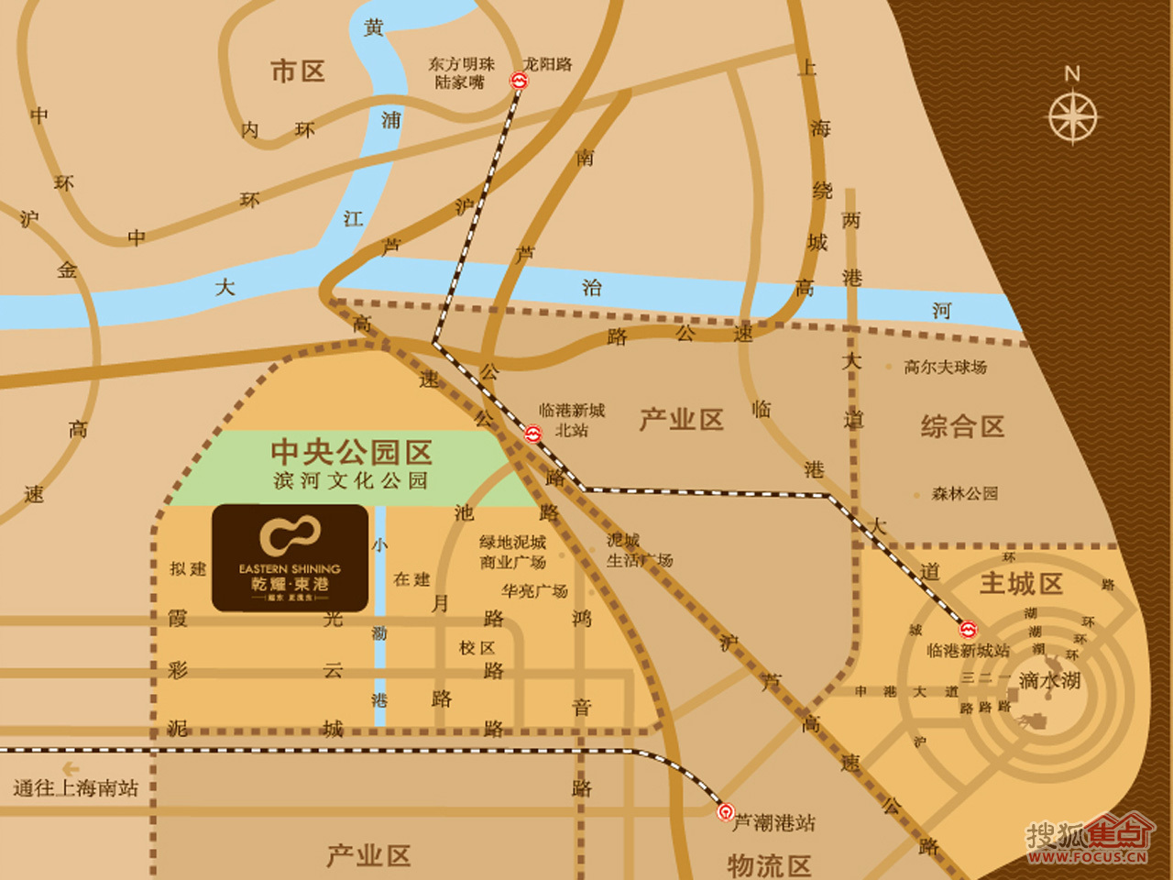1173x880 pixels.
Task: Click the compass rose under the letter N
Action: click(1072, 117)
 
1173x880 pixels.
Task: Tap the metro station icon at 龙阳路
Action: click(519, 82)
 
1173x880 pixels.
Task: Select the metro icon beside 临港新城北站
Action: click(532, 433)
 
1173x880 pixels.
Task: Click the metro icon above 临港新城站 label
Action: click(968, 630)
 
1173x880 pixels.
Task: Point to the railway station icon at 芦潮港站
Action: click(725, 811)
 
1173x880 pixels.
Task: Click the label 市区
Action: click(298, 71)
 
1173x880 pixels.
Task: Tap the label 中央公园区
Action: click(351, 452)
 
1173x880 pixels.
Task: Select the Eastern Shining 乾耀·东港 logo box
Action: click(291, 557)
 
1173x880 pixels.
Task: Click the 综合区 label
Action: click(962, 426)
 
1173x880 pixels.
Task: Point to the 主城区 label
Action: click(1021, 584)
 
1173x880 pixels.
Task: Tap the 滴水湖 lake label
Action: click(1049, 681)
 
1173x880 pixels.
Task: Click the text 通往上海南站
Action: click(75, 788)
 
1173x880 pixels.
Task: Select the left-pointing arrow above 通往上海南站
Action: click(70, 769)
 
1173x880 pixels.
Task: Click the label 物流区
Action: click(769, 864)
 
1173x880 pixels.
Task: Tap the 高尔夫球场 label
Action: click(945, 368)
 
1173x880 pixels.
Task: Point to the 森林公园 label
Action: click(964, 494)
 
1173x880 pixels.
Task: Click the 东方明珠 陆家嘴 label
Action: click(461, 73)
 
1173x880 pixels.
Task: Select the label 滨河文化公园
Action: click(351, 480)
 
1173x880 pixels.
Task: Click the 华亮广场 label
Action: click(534, 591)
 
